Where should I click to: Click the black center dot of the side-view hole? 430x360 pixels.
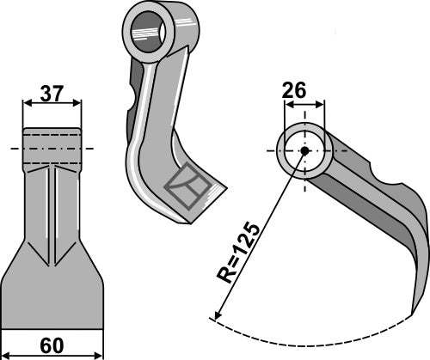304,151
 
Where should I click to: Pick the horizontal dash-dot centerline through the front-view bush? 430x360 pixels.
14,149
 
